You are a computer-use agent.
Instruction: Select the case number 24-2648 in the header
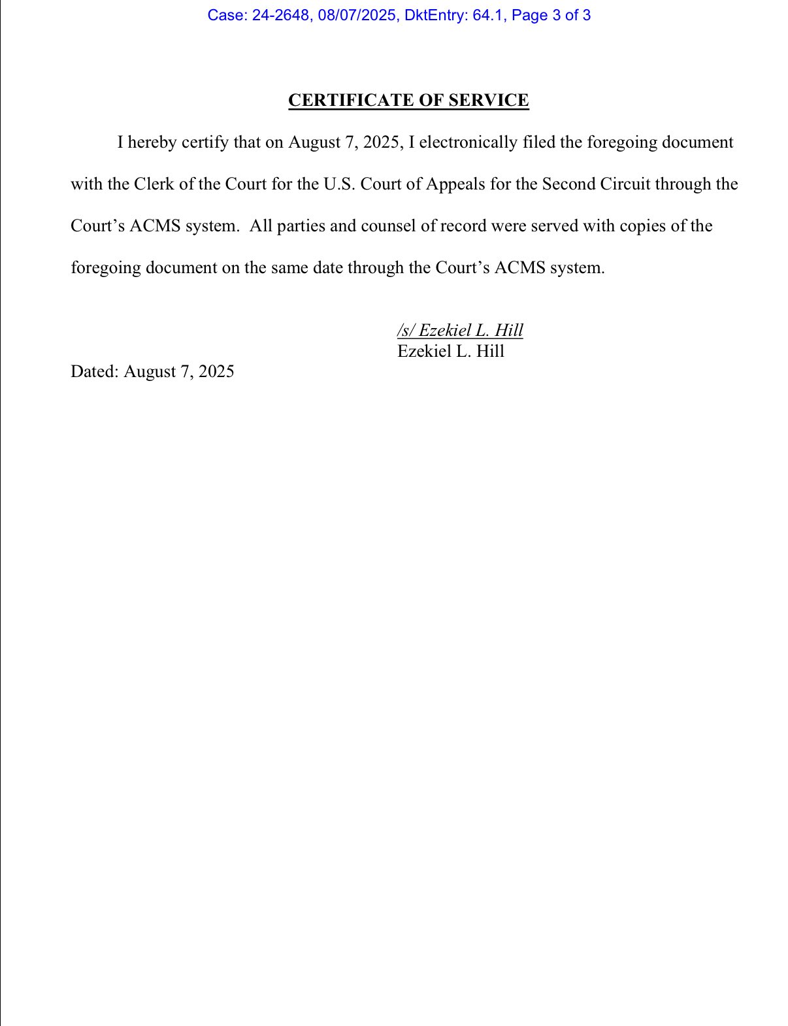tap(280, 15)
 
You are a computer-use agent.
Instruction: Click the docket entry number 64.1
tap(487, 15)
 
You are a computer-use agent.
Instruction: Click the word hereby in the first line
tap(152, 142)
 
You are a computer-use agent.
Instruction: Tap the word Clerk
tap(154, 184)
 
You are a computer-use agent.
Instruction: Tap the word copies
tap(643, 226)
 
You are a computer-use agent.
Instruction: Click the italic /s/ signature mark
tap(405, 330)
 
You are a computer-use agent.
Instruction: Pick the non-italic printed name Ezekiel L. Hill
tap(451, 351)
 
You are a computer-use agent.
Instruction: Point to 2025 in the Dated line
tap(216, 372)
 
